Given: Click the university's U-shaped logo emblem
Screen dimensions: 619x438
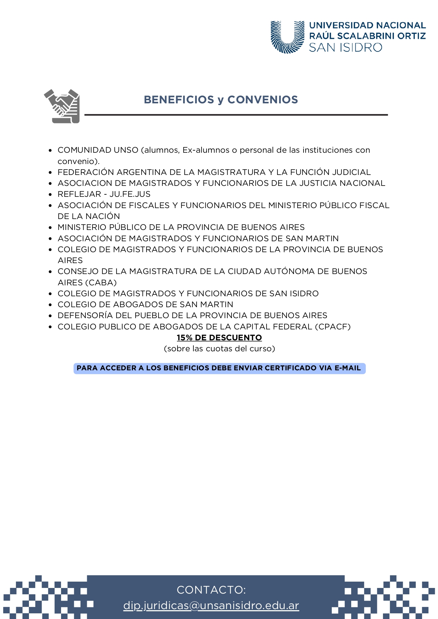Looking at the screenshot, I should (x=287, y=37).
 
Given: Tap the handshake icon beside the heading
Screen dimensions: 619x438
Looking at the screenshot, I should (x=62, y=106).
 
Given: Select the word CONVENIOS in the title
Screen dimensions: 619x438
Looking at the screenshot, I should (x=263, y=100).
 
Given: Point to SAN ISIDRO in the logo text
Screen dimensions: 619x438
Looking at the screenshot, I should (x=346, y=48).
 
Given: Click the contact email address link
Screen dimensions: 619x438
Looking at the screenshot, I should (x=211, y=605).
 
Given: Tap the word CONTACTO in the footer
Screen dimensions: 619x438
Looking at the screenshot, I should (x=211, y=590).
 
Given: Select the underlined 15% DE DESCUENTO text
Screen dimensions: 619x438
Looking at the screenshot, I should (x=219, y=338).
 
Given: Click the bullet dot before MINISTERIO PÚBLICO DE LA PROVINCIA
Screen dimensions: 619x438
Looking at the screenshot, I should (x=50, y=228).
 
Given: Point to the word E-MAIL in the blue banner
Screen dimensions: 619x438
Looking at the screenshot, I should (x=347, y=368).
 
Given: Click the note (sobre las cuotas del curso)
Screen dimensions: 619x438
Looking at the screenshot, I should (x=219, y=349).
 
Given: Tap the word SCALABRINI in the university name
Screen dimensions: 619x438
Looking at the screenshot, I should (x=366, y=36).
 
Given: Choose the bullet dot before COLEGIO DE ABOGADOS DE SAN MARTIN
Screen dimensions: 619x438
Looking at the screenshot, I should (x=50, y=305).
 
